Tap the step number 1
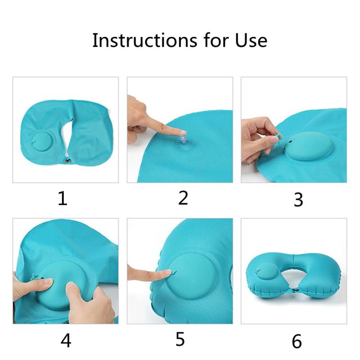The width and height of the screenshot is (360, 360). (x=63, y=198)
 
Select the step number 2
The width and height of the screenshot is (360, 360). (x=183, y=198)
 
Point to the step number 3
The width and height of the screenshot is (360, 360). (x=298, y=200)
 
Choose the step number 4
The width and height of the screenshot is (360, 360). (x=66, y=341)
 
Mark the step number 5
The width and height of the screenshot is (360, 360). (x=180, y=339)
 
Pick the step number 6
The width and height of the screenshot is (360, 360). (x=297, y=341)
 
